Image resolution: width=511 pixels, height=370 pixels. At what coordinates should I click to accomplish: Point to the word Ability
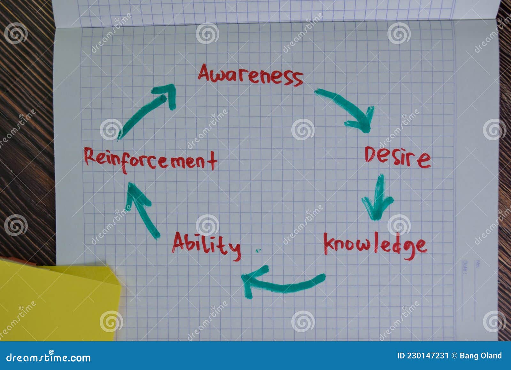(206, 245)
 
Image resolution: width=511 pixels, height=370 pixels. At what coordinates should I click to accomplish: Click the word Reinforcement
(150, 160)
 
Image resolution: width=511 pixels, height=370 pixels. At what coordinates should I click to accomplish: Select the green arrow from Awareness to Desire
(348, 109)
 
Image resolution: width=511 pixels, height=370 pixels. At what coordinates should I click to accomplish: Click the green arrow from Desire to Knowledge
(378, 198)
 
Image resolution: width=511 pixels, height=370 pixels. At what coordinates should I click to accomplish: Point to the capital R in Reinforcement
(90, 156)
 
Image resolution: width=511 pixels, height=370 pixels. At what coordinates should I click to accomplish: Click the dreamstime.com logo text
(49, 357)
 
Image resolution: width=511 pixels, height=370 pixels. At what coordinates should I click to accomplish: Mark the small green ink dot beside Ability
(257, 251)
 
